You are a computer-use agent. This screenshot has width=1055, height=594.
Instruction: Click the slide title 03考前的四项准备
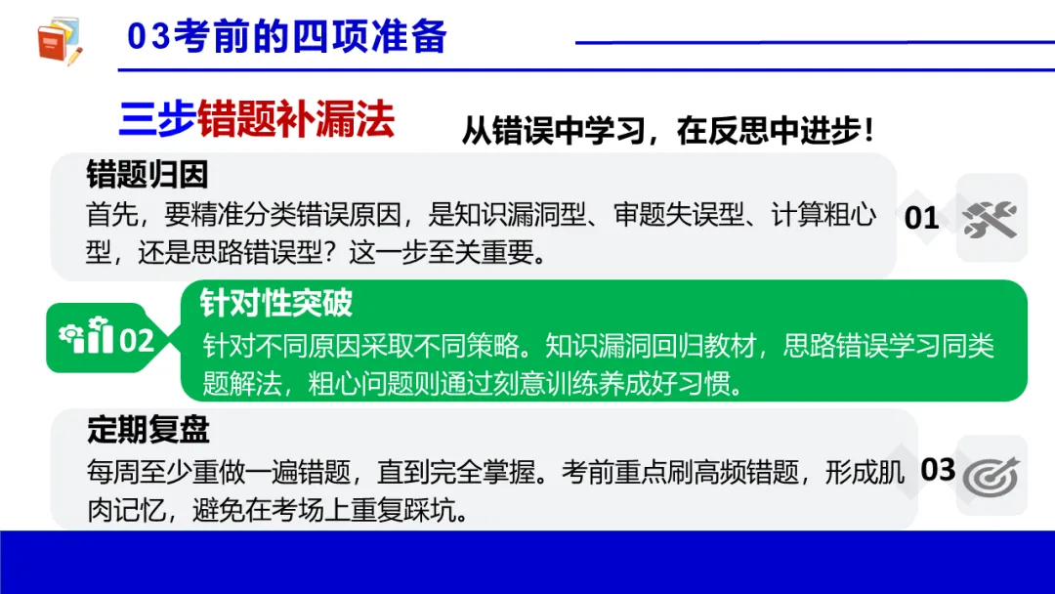[x=287, y=37]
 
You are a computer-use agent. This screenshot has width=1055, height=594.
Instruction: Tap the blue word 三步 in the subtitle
[x=156, y=121]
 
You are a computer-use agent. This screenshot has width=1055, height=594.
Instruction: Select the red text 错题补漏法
[x=296, y=121]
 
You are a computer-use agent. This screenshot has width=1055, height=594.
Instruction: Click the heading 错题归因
[x=148, y=175]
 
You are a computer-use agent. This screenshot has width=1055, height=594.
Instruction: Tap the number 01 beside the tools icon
[x=921, y=217]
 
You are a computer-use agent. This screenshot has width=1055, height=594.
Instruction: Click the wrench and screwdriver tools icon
[x=991, y=218]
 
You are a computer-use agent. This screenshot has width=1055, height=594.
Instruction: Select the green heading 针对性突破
[x=276, y=303]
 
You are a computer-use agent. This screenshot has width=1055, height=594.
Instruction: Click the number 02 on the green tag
[x=137, y=340]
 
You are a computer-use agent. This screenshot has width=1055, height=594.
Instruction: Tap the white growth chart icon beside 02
[x=86, y=338]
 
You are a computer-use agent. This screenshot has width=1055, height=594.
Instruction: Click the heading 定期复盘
[x=148, y=430]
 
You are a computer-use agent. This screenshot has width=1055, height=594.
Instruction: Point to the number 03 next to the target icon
[x=938, y=470]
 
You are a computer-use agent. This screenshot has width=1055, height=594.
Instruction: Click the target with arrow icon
[x=991, y=476]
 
